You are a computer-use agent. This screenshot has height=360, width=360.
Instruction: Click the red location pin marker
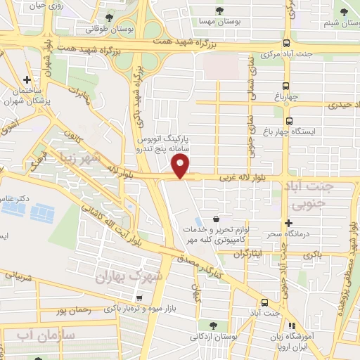181,166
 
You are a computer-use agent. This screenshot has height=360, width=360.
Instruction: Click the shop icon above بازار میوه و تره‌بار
141,297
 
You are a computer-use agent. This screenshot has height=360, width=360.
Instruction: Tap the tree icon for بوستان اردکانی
211,325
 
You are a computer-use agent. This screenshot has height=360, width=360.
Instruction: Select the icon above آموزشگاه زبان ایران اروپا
290,326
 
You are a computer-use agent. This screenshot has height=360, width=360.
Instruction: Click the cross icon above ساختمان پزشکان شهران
27,80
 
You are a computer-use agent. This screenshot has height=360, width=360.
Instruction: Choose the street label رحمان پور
72,310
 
